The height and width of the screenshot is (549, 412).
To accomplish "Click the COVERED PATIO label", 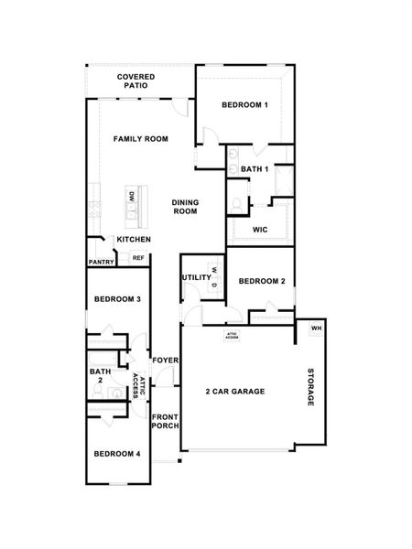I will (x=135, y=81).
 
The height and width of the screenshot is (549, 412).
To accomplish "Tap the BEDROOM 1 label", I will (x=244, y=105).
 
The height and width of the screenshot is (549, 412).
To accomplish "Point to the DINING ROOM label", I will (x=186, y=207).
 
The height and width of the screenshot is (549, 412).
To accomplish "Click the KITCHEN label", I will (x=133, y=240).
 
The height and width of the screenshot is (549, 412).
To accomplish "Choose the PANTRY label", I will (x=101, y=263).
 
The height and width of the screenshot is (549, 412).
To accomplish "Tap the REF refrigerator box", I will (x=138, y=259).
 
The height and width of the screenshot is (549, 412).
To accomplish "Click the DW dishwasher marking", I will (x=133, y=196).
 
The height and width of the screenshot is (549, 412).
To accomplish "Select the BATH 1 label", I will (x=254, y=169).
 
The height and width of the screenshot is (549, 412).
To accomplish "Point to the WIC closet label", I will (x=259, y=230).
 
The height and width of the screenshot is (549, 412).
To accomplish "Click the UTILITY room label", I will (x=196, y=277).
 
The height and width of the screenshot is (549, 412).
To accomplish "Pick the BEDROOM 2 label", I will (x=262, y=282).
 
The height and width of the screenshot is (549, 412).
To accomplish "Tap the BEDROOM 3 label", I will (x=117, y=299).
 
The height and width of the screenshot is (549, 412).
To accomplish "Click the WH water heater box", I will (x=316, y=328).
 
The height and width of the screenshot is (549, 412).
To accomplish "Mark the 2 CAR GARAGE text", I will (x=235, y=391).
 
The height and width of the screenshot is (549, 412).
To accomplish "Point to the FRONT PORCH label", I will (x=165, y=422).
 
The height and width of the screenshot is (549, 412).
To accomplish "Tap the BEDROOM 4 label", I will (x=117, y=453).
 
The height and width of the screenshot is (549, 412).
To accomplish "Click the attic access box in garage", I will (x=233, y=336).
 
